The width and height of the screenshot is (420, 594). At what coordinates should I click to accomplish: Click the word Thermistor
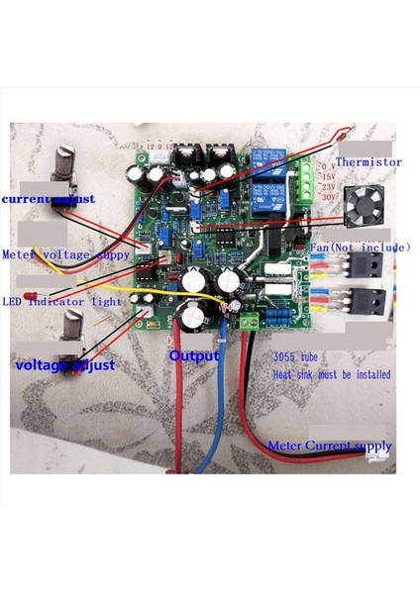point(368,161)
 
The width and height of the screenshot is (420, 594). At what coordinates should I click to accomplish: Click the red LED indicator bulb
point(34,297)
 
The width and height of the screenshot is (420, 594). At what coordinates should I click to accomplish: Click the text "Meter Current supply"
point(330,446)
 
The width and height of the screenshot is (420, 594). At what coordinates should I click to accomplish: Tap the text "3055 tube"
point(297,363)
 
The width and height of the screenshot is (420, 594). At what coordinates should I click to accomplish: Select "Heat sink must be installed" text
point(331,376)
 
